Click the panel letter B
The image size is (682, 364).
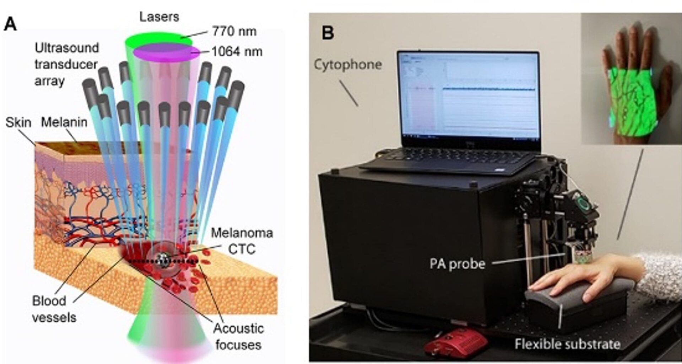[328, 33]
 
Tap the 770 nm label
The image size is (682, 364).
[234, 31]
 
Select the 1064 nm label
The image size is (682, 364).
[237, 52]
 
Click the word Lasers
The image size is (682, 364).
[159, 17]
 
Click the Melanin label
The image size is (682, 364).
[64, 122]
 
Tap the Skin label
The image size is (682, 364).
[18, 123]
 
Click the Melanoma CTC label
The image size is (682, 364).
[242, 241]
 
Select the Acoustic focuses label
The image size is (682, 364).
[238, 337]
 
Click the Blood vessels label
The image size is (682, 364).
[54, 309]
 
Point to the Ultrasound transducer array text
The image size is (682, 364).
[66, 64]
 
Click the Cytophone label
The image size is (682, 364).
[347, 65]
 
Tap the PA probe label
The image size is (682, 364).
[457, 264]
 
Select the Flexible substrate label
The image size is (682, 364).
[567, 344]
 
